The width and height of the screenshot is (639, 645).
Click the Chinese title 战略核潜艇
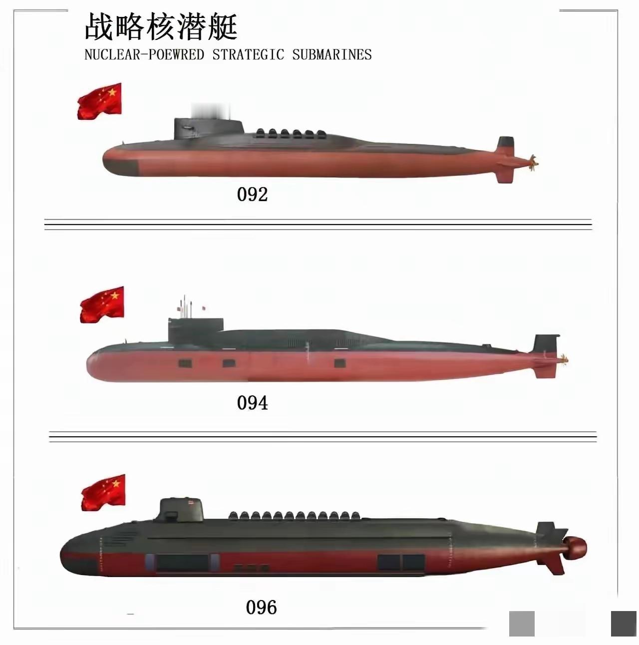click(161, 27)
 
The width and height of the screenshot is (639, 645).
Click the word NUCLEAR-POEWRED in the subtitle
click(144, 54)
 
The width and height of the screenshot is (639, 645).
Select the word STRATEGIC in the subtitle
click(248, 54)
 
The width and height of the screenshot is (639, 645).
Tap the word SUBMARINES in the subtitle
click(332, 54)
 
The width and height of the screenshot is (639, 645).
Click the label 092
click(252, 194)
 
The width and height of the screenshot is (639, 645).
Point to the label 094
click(252, 403)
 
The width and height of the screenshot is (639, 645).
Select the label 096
click(261, 608)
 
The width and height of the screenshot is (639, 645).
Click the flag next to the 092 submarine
click(100, 101)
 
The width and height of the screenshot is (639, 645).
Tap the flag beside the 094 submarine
click(102, 305)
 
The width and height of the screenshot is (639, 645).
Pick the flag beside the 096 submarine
click(103, 493)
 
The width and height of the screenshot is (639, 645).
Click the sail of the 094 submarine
click(195, 330)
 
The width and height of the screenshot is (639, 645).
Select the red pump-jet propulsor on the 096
click(575, 549)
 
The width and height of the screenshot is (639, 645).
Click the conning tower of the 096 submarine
click(182, 509)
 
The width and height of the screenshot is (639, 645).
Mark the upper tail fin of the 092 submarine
click(506, 145)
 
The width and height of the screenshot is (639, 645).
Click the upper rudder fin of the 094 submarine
click(545, 344)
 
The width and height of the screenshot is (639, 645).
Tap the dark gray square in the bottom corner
click(624, 624)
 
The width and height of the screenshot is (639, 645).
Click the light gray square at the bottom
click(522, 624)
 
